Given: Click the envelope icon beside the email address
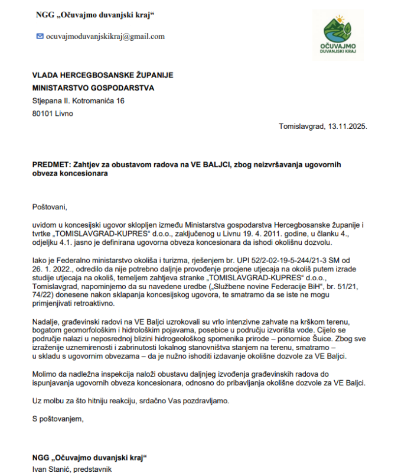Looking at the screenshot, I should pos(40,36).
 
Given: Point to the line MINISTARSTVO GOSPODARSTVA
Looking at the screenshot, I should pos(93,88).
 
